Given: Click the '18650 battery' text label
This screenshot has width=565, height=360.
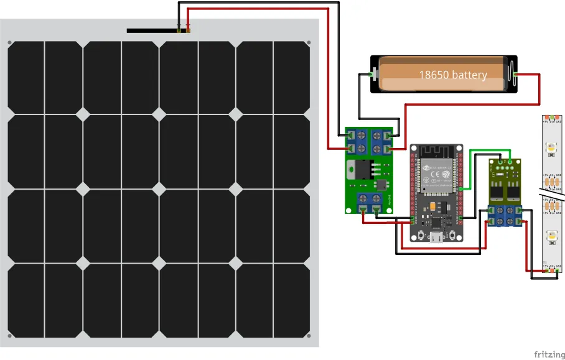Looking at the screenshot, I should tap(452, 75).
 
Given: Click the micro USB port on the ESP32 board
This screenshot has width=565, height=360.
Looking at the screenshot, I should tap(436, 237).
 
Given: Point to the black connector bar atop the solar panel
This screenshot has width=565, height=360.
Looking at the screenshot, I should tap(153, 30).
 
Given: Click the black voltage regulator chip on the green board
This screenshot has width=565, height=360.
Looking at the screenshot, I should tap(362, 170).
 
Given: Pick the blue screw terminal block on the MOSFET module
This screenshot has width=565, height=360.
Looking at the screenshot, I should tap(505, 215).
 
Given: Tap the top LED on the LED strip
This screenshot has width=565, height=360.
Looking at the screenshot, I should tap(551, 148).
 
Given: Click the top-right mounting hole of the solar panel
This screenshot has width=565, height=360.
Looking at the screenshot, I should tap(309, 43).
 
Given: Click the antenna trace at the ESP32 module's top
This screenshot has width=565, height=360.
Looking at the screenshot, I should tap(437, 151).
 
